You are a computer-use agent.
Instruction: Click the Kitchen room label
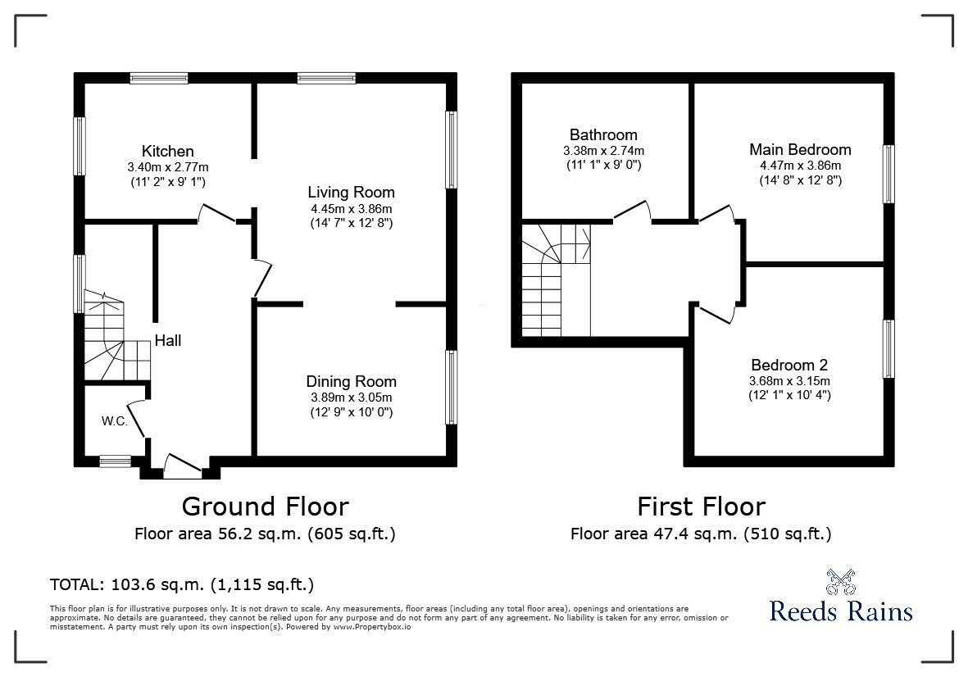[x=167, y=151]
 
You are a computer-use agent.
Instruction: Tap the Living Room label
[x=352, y=192]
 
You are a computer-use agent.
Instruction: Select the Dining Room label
[x=352, y=381]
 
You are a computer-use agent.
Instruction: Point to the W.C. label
[x=115, y=421]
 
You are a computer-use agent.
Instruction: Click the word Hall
[x=168, y=340]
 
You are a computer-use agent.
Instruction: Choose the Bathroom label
[x=603, y=134]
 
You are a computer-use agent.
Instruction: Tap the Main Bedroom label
[x=800, y=149]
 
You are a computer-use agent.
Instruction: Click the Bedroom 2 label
[x=789, y=365]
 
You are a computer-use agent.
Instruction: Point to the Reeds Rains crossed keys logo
[x=840, y=581]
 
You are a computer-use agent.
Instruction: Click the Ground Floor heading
[x=266, y=507]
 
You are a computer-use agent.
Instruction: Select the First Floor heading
[x=702, y=507]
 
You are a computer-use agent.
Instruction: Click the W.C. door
[x=137, y=419]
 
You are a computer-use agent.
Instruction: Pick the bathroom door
[x=632, y=211]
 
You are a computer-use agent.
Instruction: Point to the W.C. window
[x=116, y=461]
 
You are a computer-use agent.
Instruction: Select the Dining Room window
[x=452, y=388]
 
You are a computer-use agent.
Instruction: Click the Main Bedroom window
[x=888, y=174]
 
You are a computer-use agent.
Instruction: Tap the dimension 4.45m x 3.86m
[x=352, y=209]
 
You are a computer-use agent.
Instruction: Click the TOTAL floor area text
[x=181, y=584]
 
